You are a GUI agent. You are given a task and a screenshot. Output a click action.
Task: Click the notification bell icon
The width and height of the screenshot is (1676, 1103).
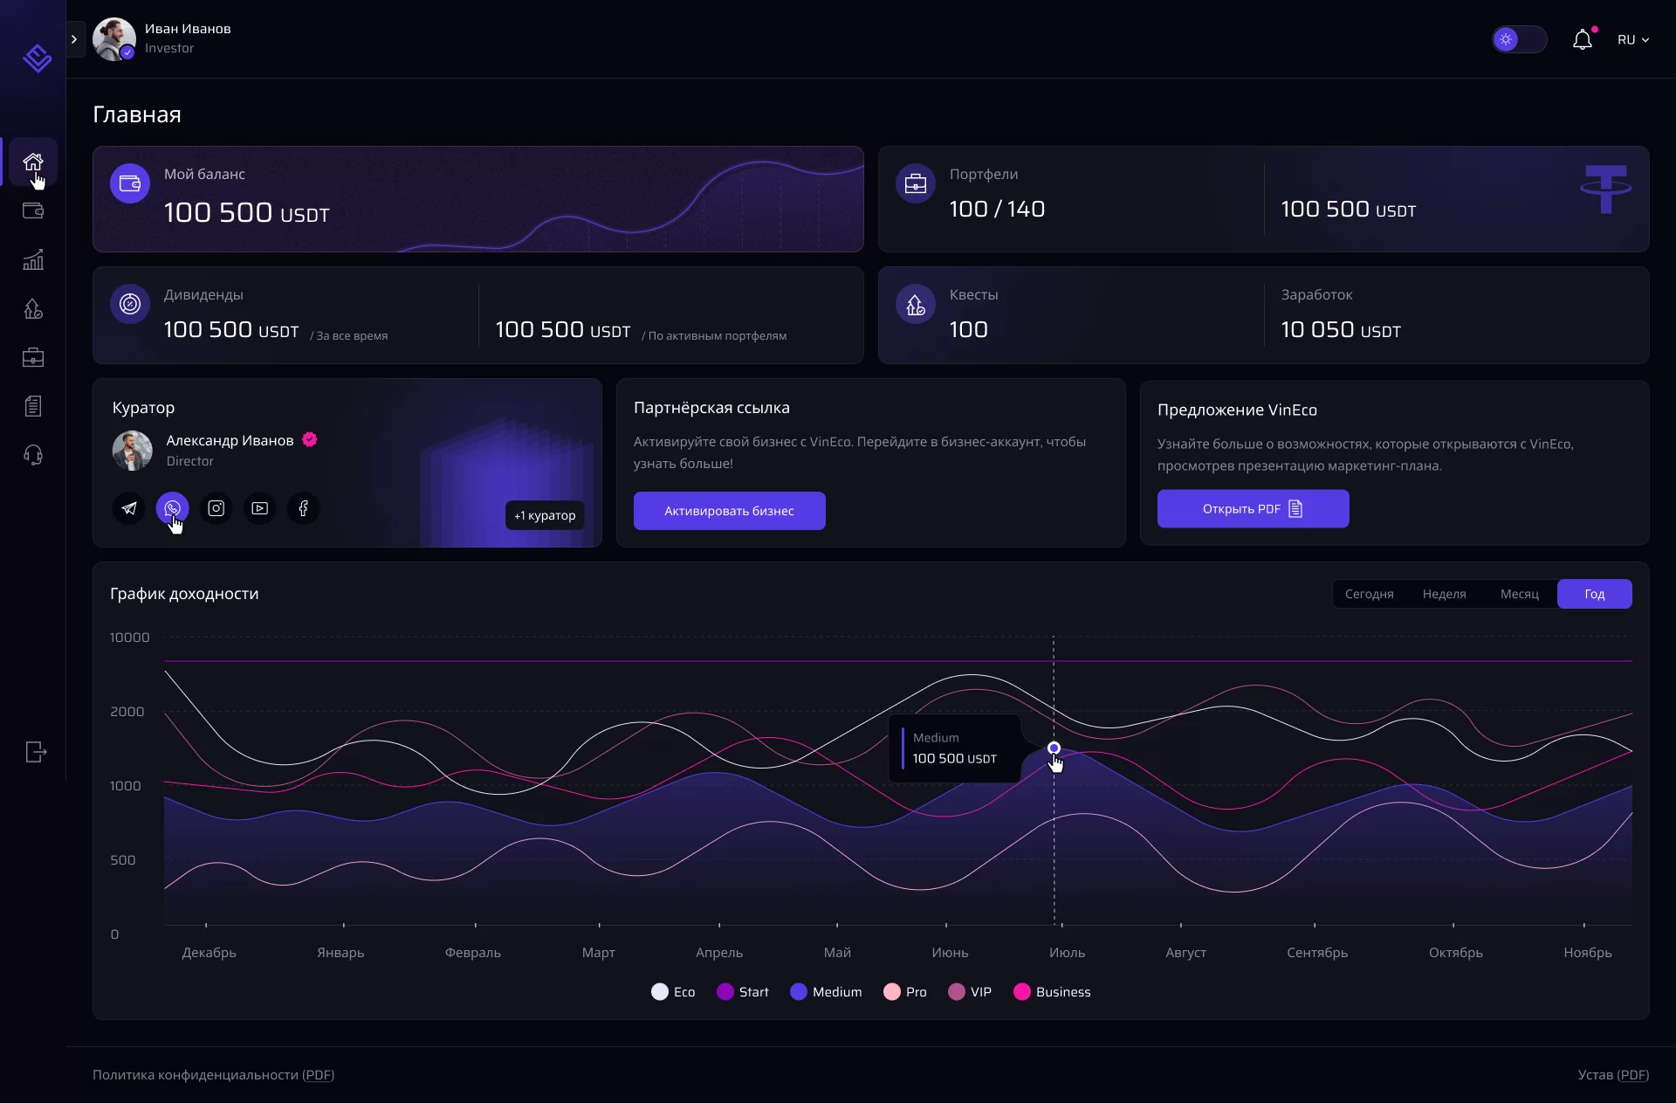pos(1582,39)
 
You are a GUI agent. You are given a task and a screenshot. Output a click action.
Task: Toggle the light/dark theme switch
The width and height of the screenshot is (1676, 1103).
pos(1519,39)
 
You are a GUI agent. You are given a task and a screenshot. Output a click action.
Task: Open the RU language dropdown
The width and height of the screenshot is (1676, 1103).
pos(1632,39)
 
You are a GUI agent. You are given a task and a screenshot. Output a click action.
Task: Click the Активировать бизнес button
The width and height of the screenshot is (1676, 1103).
pos(729,511)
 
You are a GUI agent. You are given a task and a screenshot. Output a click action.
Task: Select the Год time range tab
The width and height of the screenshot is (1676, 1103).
pos(1594,594)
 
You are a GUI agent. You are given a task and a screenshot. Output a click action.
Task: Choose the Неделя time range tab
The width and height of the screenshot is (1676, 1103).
pos(1444,594)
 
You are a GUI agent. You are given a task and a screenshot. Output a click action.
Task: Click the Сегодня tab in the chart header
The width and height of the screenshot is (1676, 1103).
pos(1369,594)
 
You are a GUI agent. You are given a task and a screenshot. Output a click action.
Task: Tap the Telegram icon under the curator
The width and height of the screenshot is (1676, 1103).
pos(129,508)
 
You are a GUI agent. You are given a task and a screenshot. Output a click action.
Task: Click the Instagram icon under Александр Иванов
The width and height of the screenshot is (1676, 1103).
pos(216,508)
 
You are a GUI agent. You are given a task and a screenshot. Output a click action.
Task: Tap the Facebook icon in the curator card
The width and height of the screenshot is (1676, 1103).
pos(303,508)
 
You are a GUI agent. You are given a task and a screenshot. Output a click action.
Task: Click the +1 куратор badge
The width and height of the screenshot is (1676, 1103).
pos(545,515)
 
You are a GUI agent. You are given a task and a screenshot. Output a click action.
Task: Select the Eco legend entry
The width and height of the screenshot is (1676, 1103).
pos(673,992)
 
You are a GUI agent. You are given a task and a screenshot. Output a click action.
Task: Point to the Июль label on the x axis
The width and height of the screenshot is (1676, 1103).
pos(1067,953)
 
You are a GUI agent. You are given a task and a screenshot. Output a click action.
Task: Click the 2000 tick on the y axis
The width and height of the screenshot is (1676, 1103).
pos(127,712)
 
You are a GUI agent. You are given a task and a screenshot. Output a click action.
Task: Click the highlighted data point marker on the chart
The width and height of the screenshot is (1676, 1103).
pos(1054,748)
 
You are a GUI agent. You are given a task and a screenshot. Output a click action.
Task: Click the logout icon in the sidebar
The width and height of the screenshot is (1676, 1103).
pos(35,752)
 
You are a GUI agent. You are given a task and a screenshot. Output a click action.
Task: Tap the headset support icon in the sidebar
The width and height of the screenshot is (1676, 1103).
pos(33,455)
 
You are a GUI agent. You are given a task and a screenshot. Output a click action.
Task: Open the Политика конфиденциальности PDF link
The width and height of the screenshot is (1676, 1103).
pos(213,1075)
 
